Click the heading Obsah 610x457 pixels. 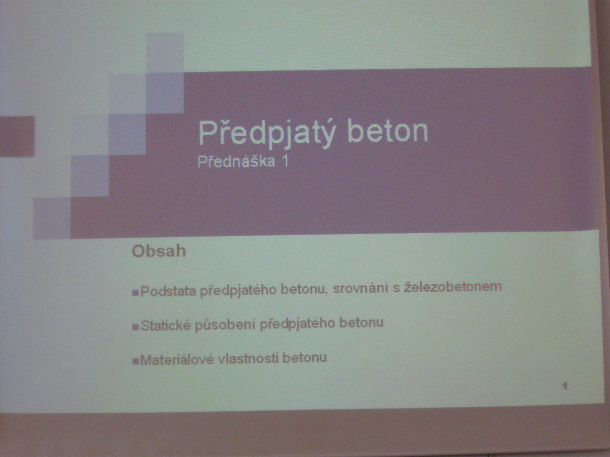pos(159,251)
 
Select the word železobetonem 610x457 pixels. pos(452,287)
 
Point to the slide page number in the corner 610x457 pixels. pos(565,386)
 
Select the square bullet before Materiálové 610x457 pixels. pos(135,361)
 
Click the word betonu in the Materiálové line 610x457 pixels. pos(305,358)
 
